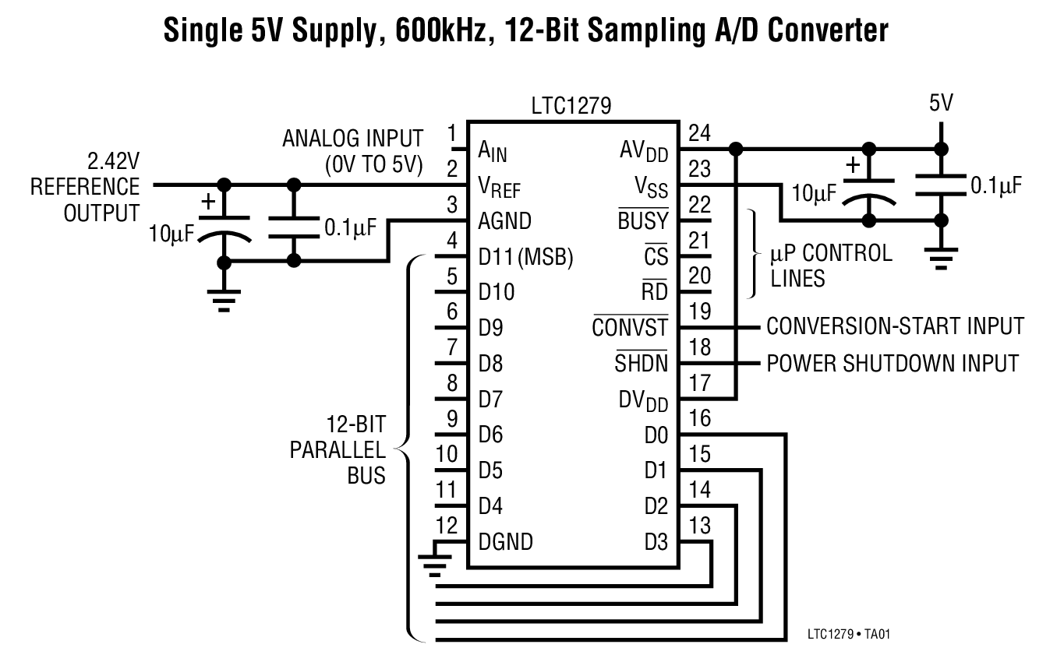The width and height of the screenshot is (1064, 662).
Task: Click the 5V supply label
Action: pyautogui.click(x=941, y=104)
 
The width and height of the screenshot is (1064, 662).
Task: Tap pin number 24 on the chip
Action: pyautogui.click(x=700, y=133)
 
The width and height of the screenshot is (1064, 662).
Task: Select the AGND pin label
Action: pyautogui.click(x=504, y=221)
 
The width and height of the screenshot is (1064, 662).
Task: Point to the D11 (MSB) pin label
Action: pyautogui.click(x=525, y=257)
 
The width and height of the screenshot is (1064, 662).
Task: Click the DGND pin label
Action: pyautogui.click(x=505, y=541)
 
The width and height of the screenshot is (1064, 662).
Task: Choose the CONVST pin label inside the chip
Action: pyautogui.click(x=630, y=327)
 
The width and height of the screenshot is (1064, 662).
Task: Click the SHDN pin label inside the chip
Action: pyautogui.click(x=641, y=363)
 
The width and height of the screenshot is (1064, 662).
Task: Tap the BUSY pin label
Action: pyautogui.click(x=643, y=221)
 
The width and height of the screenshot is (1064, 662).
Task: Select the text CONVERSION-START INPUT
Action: pyautogui.click(x=895, y=326)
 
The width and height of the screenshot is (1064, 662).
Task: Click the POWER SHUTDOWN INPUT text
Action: pyautogui.click(x=893, y=363)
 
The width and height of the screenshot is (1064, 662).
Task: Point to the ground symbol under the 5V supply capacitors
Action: pyautogui.click(x=941, y=257)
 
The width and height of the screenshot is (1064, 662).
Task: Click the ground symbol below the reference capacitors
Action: pyautogui.click(x=224, y=300)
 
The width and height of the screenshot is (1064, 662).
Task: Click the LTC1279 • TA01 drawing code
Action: pyautogui.click(x=848, y=634)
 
